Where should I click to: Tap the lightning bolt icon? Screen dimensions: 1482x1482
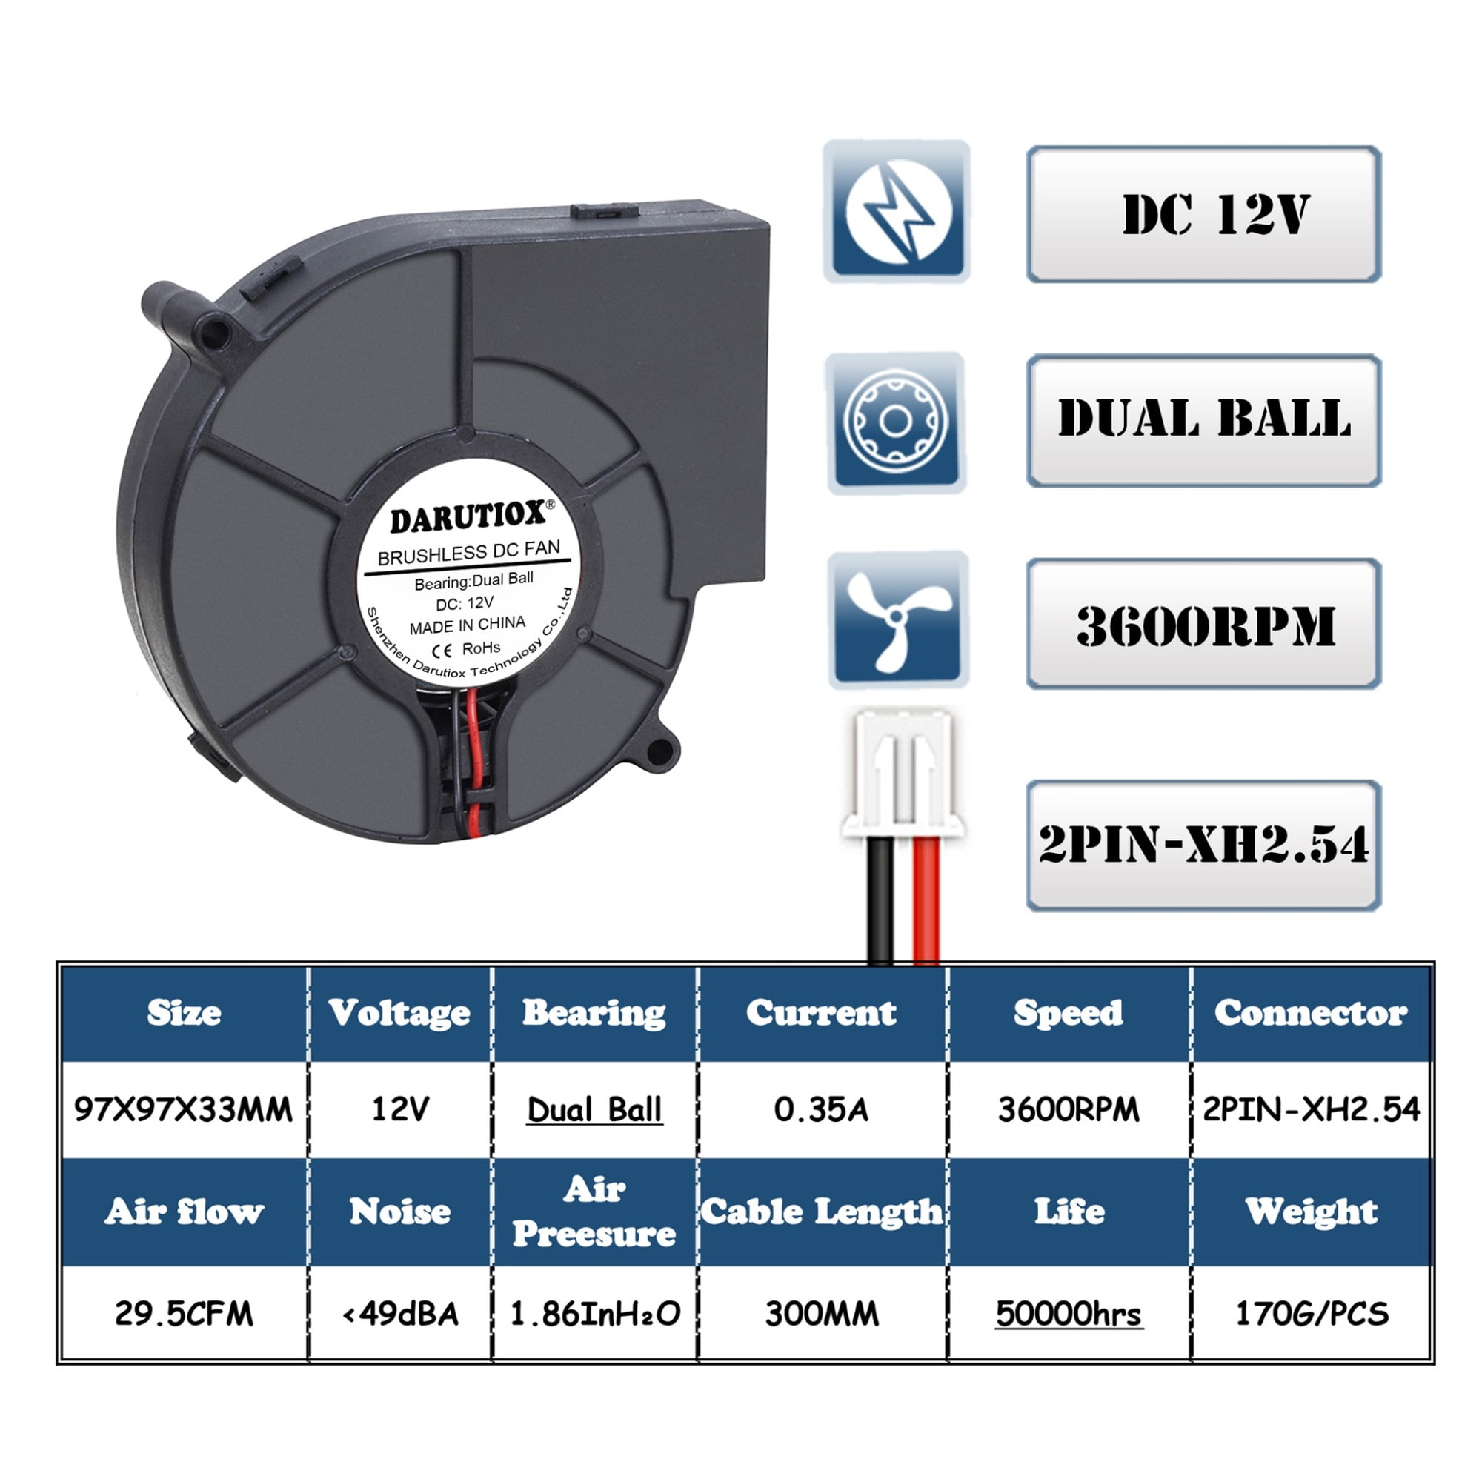point(897,211)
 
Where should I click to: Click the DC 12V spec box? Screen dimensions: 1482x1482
point(1203,214)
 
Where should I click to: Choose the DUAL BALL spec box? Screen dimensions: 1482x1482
point(1203,420)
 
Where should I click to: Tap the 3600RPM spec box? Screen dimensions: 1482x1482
point(1203,625)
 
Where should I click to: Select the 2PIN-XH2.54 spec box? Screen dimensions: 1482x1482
point(1203,845)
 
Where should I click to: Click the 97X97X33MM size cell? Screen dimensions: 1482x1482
point(183,1110)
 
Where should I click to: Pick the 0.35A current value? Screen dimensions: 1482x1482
point(822,1110)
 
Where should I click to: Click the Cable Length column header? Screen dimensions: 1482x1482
point(822,1212)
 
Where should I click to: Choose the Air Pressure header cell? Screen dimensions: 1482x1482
point(594,1212)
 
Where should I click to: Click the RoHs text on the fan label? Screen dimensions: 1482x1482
point(481,649)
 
